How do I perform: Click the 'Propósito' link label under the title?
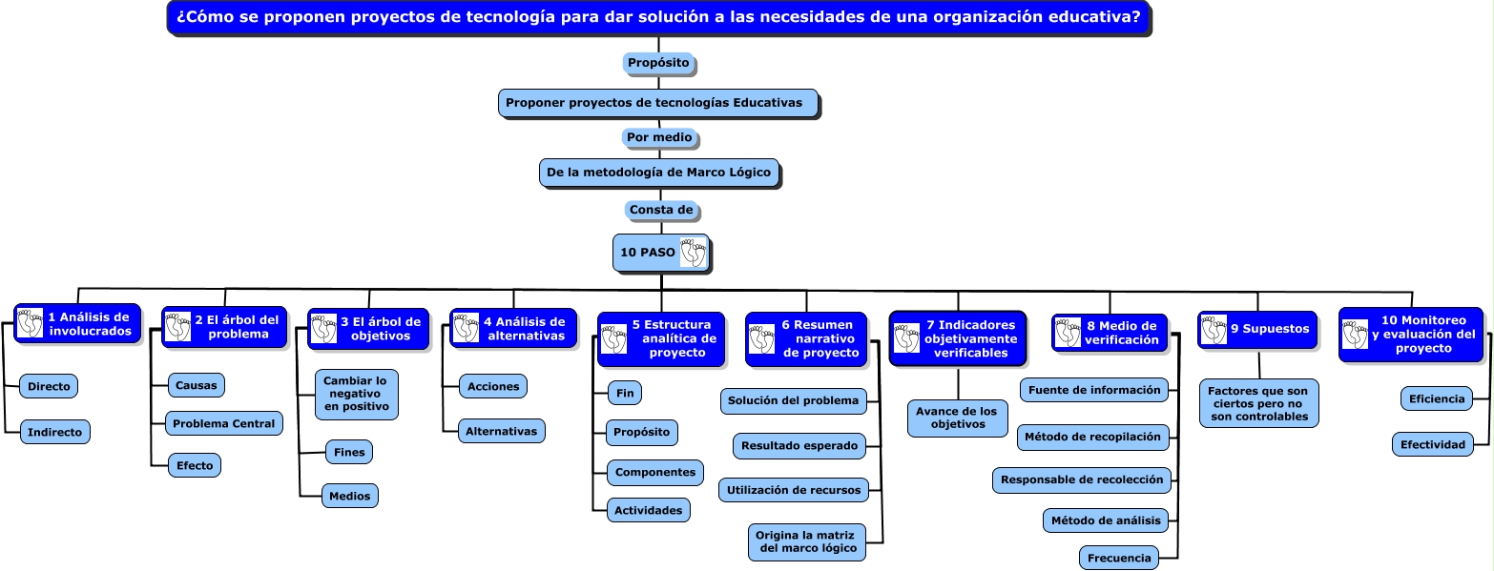[x=658, y=63]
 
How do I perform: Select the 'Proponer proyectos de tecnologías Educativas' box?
[x=658, y=103]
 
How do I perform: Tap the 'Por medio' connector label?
[x=659, y=137]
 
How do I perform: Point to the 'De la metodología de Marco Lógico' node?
[x=659, y=173]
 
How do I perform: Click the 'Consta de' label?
[x=661, y=210]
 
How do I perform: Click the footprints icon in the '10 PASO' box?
[x=693, y=253]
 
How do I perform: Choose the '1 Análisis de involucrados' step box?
[x=77, y=324]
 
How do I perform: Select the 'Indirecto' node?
[x=54, y=433]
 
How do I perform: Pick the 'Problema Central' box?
[x=223, y=424]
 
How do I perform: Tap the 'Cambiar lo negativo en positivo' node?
[x=356, y=394]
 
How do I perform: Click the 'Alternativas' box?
[x=501, y=431]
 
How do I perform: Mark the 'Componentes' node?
[x=655, y=473]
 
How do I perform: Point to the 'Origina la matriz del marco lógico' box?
[x=807, y=541]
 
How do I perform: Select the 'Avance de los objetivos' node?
[x=957, y=418]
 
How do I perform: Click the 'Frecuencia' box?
[x=1119, y=559]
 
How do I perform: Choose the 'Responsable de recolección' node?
[x=1081, y=479]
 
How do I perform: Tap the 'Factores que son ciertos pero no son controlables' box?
[x=1258, y=404]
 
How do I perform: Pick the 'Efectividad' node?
[x=1433, y=444]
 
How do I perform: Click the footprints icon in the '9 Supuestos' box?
[x=1214, y=329]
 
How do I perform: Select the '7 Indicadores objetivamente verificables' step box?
[x=958, y=338]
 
